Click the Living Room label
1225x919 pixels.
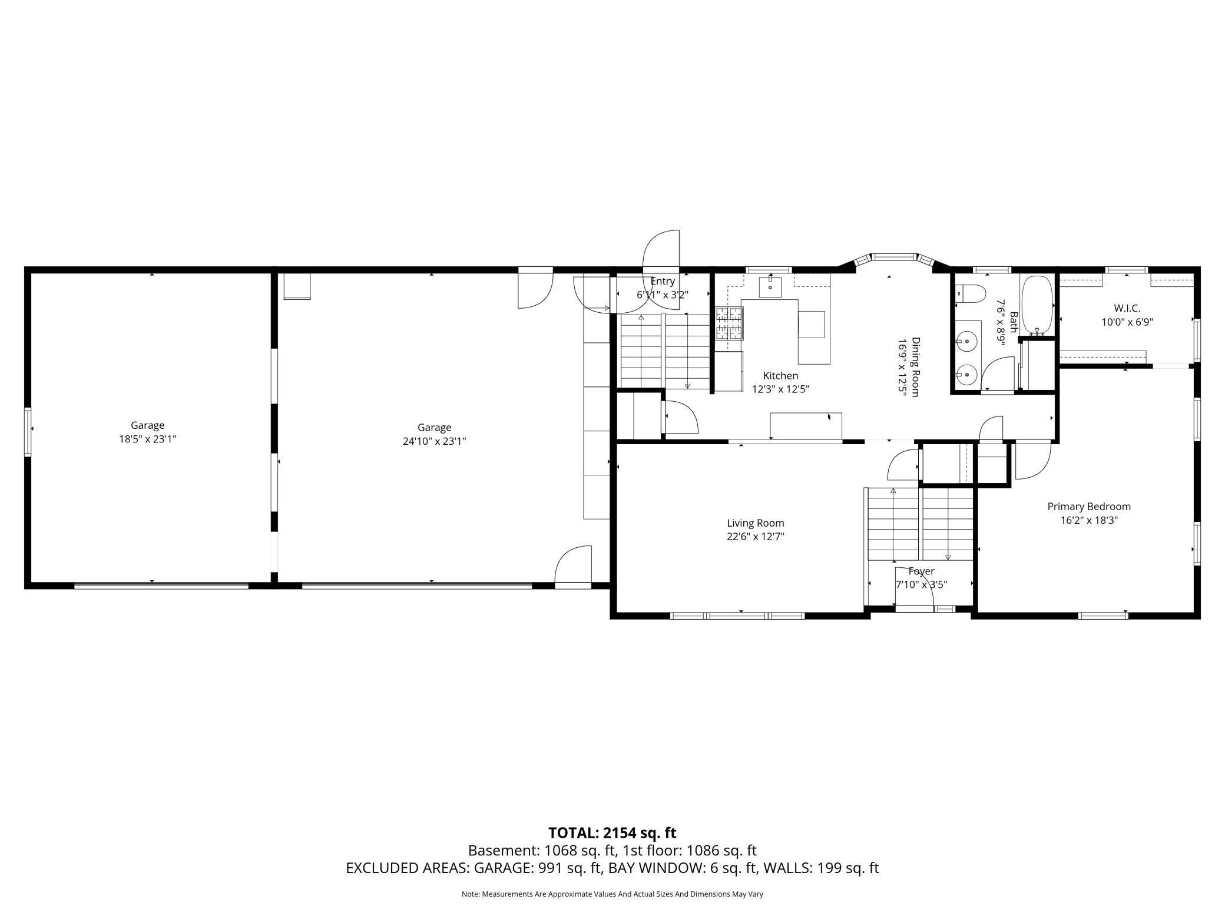pyautogui.click(x=755, y=523)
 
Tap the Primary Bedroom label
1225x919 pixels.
pyautogui.click(x=1089, y=507)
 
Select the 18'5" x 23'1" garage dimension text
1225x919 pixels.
pyautogui.click(x=147, y=439)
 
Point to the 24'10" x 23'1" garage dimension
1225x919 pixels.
pyautogui.click(x=435, y=441)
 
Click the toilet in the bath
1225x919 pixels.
pyautogui.click(x=969, y=293)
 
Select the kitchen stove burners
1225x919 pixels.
pyautogui.click(x=729, y=323)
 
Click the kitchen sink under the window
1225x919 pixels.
pyautogui.click(x=770, y=287)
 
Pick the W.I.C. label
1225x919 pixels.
pyautogui.click(x=1127, y=308)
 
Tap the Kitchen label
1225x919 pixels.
pyautogui.click(x=781, y=376)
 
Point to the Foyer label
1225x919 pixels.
pyautogui.click(x=922, y=571)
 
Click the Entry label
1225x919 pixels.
pyautogui.click(x=663, y=282)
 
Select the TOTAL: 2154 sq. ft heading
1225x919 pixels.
pyautogui.click(x=612, y=833)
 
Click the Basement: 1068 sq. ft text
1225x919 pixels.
pyautogui.click(x=542, y=851)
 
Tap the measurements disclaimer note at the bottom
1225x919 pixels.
pyautogui.click(x=612, y=894)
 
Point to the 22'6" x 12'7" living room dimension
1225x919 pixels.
pyautogui.click(x=756, y=537)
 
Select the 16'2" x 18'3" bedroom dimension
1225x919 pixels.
pyautogui.click(x=1089, y=520)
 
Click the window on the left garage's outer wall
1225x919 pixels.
pyautogui.click(x=28, y=432)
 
